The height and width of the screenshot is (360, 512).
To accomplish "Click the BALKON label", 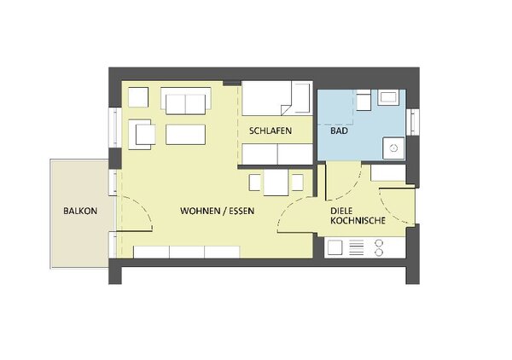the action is [80, 212].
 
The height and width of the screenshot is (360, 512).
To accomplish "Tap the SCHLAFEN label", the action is [271, 131].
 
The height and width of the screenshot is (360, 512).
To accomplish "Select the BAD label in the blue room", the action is [340, 131].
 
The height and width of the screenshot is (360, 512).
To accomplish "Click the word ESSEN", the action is [241, 211].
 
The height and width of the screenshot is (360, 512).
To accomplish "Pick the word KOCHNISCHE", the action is [358, 221].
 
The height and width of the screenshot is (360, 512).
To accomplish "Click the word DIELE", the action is [341, 212].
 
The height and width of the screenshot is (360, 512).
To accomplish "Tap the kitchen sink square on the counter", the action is [335, 247].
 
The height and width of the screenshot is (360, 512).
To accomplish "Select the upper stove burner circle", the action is [379, 243].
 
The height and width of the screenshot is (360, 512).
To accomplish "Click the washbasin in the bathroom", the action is [388, 97].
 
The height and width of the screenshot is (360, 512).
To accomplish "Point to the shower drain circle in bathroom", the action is [393, 148].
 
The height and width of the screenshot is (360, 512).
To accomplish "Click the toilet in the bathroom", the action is [364, 100].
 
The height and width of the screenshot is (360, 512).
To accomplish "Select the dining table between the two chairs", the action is [276, 183].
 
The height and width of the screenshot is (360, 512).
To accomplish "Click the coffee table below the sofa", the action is [185, 135].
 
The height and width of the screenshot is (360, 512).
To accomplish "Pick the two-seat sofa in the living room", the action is [185, 101].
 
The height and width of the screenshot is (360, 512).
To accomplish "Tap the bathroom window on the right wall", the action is [413, 122].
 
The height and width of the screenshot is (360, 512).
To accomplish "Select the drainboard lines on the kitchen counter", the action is [356, 247].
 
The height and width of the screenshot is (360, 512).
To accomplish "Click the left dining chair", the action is [254, 183].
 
